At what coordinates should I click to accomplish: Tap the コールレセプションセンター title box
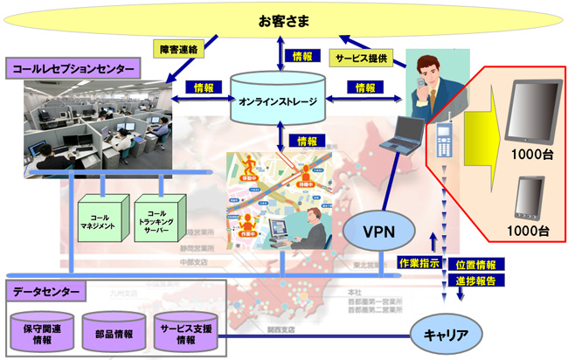[73, 67]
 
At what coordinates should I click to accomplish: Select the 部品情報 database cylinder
[114, 332]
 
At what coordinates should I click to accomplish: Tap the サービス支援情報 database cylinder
[185, 331]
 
